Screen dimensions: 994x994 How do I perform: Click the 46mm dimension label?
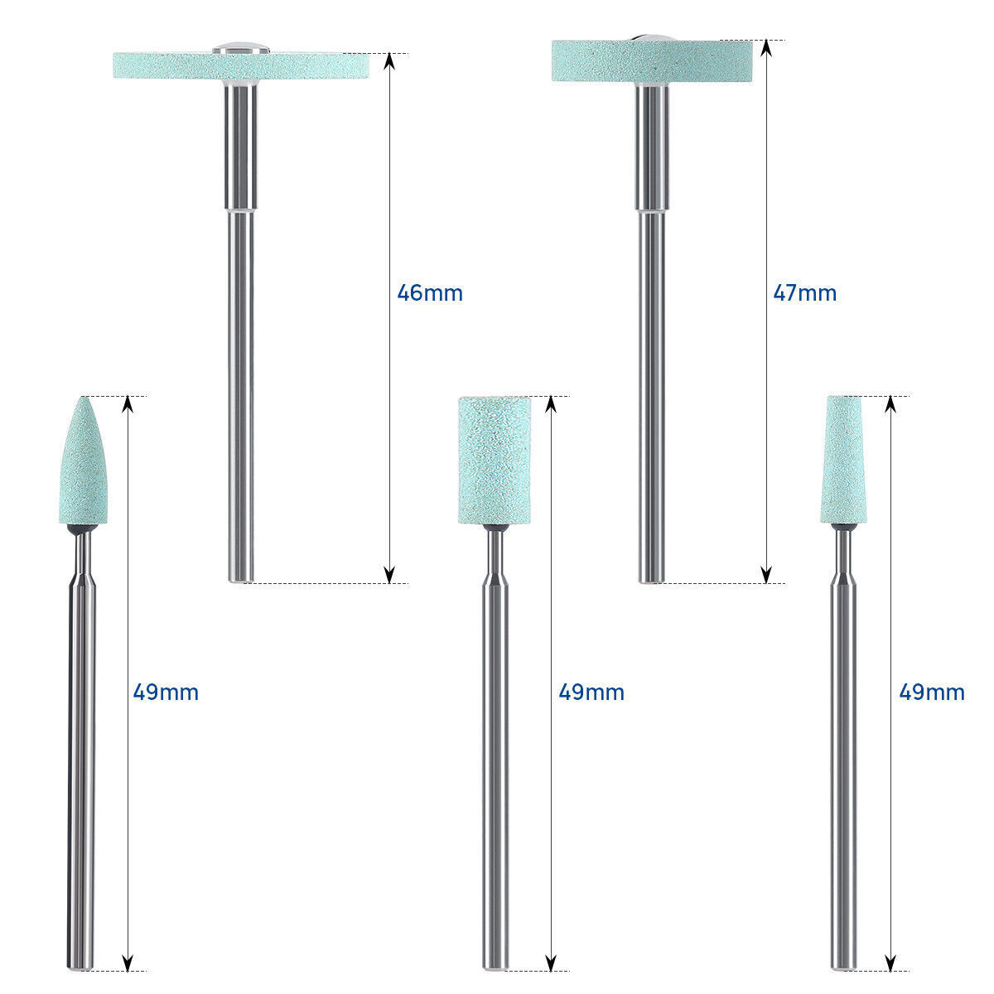point(430,293)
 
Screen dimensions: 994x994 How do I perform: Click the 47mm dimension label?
point(804,293)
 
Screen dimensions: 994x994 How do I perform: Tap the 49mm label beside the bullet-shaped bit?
point(166,692)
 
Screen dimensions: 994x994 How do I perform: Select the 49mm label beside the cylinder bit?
point(591,692)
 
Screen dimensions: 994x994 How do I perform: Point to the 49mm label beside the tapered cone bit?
point(932,692)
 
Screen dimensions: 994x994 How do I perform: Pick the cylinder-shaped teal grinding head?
point(495,460)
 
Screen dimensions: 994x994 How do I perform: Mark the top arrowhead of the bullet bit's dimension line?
point(127,404)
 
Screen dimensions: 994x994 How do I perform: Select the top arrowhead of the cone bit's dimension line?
point(890,404)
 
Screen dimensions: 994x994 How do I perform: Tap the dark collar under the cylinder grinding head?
point(495,528)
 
